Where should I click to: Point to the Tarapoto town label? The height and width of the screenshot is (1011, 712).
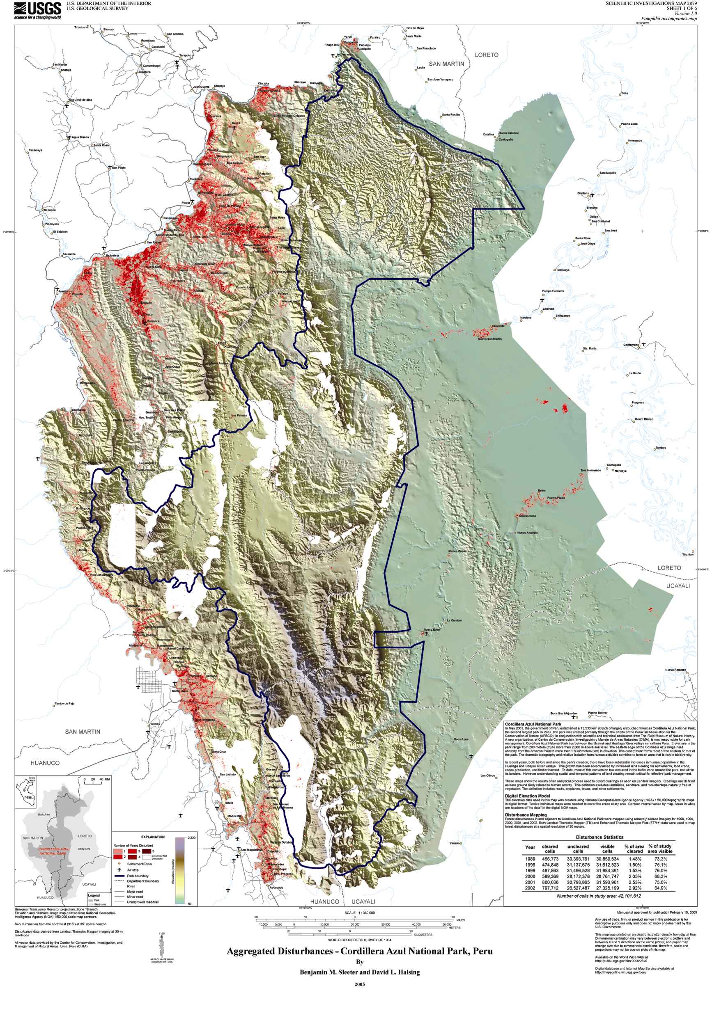tap(185, 55)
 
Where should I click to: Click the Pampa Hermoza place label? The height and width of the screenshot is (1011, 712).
tap(553, 291)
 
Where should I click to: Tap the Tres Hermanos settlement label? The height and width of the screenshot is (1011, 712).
tap(590, 470)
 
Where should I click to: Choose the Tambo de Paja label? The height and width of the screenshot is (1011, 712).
tap(64, 703)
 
